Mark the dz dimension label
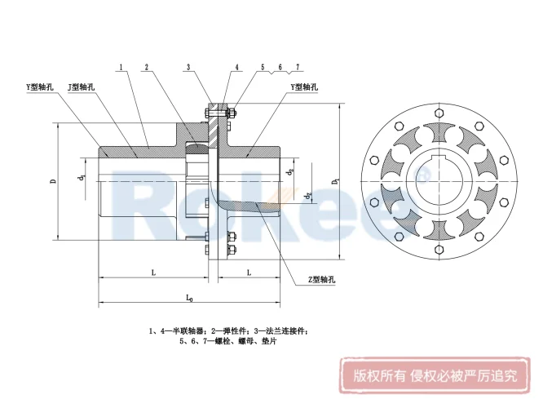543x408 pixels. tap(307, 195)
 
